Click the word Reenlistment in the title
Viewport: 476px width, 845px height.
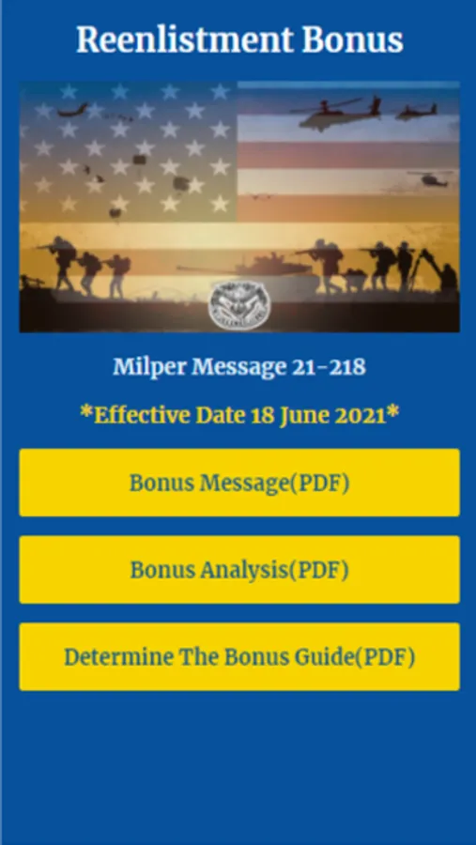(x=185, y=39)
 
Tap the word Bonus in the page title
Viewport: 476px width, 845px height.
(x=353, y=39)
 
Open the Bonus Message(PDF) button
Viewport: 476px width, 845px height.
(x=239, y=483)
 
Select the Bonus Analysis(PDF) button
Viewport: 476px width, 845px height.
(x=239, y=570)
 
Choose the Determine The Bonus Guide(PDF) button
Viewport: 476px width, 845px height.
(x=239, y=656)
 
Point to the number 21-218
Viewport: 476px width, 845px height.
(x=329, y=367)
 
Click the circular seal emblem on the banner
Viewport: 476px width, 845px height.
(x=239, y=305)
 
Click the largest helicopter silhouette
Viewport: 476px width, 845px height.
(x=335, y=114)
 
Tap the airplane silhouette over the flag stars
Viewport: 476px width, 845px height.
(x=73, y=110)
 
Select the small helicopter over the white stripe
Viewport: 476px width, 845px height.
(x=431, y=179)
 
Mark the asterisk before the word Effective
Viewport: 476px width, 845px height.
(x=86, y=412)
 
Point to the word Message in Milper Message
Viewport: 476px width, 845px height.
(x=238, y=367)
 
